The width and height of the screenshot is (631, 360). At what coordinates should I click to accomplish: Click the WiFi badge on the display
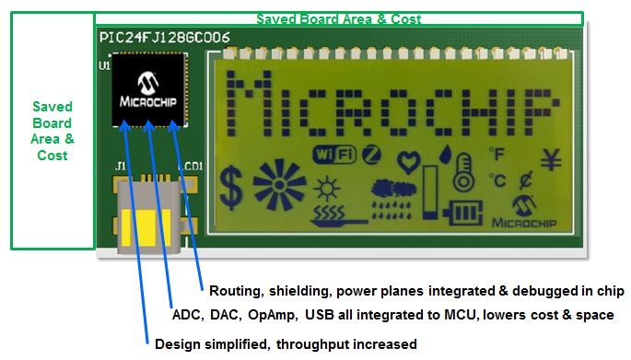[x=333, y=155]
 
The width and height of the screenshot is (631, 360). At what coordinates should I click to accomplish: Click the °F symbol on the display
[x=497, y=153]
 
